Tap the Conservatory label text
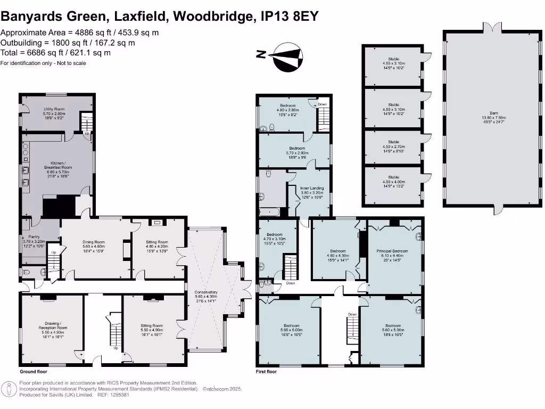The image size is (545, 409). coord(206,295)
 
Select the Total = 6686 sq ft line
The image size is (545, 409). coord(55,53)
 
